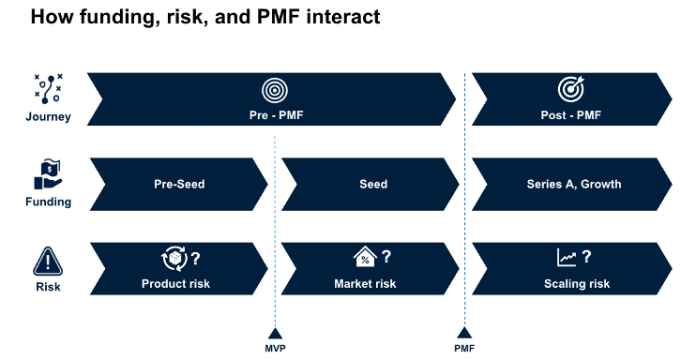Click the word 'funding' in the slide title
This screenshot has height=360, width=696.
pyautogui.click(x=113, y=18)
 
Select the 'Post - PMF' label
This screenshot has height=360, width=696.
pyautogui.click(x=571, y=116)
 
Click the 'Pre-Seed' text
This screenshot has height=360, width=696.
pyautogui.click(x=179, y=185)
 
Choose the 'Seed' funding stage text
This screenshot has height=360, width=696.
pyautogui.click(x=373, y=185)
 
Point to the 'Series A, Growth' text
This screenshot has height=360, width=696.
pyautogui.click(x=573, y=185)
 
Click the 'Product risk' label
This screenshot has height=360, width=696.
pyautogui.click(x=175, y=283)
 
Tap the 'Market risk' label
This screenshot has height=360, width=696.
pyautogui.click(x=365, y=283)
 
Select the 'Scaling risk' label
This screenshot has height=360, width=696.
pyautogui.click(x=576, y=283)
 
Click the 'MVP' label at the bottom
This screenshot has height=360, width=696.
pyautogui.click(x=275, y=349)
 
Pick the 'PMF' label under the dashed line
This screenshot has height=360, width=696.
pyautogui.click(x=464, y=349)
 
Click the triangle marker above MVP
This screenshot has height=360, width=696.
pyautogui.click(x=275, y=333)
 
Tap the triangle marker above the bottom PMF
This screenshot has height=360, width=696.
pyautogui.click(x=464, y=333)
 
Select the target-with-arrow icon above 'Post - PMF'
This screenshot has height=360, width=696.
pyautogui.click(x=571, y=89)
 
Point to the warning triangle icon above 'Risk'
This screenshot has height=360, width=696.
pyautogui.click(x=48, y=260)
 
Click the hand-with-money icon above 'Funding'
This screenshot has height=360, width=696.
pyautogui.click(x=48, y=173)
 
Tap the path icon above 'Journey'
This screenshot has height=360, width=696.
pyautogui.click(x=48, y=87)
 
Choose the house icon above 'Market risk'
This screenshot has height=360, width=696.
pyautogui.click(x=364, y=258)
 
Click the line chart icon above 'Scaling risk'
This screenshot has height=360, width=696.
pyautogui.click(x=567, y=258)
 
